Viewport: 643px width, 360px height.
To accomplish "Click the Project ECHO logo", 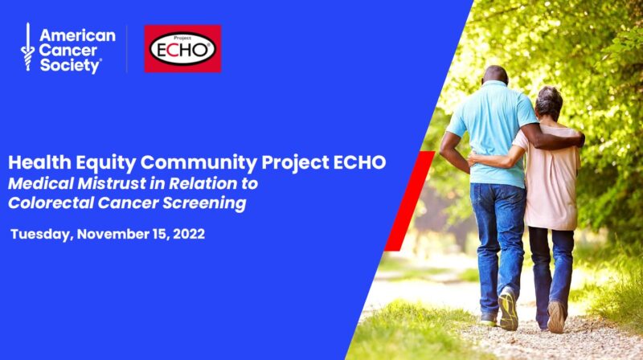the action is [x=183, y=49].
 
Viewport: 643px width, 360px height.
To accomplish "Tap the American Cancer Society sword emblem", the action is [x=27, y=47].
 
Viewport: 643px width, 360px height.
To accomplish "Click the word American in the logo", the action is [x=77, y=35].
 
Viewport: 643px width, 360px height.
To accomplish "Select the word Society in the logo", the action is [x=70, y=66].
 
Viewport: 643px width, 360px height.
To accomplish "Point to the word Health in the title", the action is [x=39, y=162].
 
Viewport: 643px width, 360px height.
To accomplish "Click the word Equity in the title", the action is [x=106, y=163].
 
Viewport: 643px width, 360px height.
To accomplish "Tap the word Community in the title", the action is [x=199, y=163].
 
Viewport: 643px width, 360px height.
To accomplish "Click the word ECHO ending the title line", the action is [x=359, y=162].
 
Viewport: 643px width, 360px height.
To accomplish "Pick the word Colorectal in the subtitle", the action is [x=51, y=202].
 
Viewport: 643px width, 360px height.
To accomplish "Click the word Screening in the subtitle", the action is [x=204, y=203].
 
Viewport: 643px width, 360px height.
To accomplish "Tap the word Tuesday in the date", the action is [x=42, y=235].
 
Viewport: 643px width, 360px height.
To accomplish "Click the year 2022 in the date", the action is [x=189, y=234].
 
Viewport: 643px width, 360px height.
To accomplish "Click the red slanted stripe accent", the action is [x=410, y=201].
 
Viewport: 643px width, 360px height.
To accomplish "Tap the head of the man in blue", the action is [x=495, y=75].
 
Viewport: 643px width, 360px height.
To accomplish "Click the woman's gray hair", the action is [x=549, y=102].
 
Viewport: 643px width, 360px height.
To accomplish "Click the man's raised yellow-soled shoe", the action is [x=508, y=309].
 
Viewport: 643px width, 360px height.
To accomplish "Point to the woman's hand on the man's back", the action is [x=474, y=159].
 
